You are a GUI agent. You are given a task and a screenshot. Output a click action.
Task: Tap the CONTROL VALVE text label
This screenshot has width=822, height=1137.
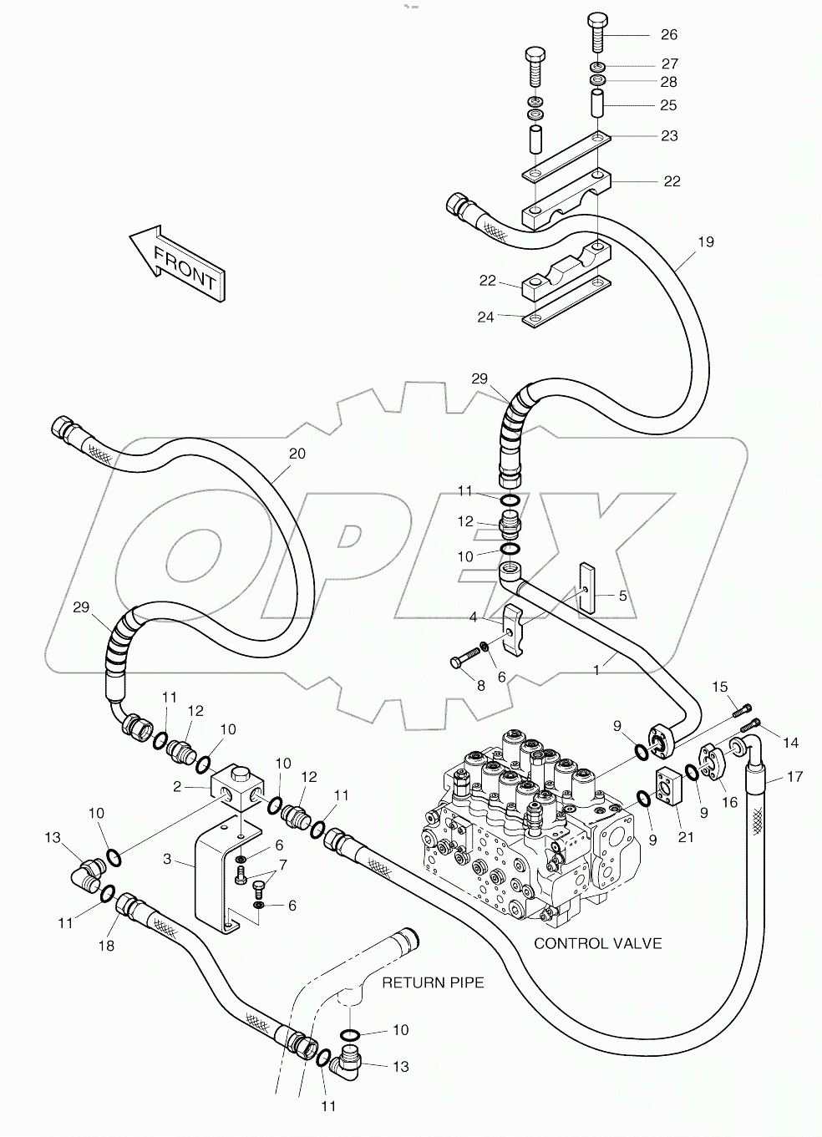pyautogui.click(x=597, y=943)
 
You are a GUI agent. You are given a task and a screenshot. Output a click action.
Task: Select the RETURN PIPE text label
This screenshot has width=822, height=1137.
pyautogui.click(x=433, y=982)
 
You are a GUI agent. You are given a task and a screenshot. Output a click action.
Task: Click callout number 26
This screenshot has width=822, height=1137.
pyautogui.click(x=669, y=34)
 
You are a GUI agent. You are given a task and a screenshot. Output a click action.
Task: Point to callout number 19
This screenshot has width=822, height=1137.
pyautogui.click(x=706, y=242)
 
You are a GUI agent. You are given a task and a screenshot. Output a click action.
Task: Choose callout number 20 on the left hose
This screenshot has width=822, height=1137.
pyautogui.click(x=297, y=454)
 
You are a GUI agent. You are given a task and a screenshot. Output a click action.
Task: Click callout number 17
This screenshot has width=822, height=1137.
pyautogui.click(x=794, y=777)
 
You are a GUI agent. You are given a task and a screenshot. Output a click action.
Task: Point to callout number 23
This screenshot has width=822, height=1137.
pyautogui.click(x=669, y=135)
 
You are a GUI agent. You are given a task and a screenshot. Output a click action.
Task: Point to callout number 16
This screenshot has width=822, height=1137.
pyautogui.click(x=730, y=802)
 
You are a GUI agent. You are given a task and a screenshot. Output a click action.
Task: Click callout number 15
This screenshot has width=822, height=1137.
pyautogui.click(x=720, y=687)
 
